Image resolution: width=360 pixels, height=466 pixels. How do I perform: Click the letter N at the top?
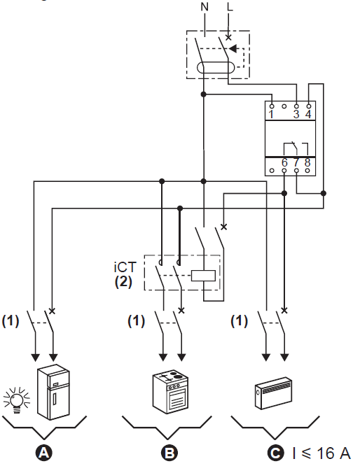click(205, 6)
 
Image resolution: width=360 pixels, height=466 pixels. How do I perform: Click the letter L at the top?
click(230, 6)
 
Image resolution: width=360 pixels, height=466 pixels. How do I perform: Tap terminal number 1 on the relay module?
click(271, 114)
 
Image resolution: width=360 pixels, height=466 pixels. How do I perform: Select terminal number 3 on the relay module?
click(296, 114)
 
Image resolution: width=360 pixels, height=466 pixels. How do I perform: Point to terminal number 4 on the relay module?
click(308, 114)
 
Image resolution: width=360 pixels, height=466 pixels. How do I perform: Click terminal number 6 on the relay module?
click(284, 162)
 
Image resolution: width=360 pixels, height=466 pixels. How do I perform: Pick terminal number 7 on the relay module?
click(296, 162)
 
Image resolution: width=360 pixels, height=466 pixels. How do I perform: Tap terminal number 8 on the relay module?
click(307, 162)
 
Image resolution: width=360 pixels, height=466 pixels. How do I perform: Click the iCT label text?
click(125, 267)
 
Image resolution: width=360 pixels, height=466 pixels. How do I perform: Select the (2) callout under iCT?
click(123, 281)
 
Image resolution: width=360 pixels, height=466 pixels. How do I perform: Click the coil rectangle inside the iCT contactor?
click(203, 276)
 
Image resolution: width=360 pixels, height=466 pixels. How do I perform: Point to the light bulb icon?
click(17, 400)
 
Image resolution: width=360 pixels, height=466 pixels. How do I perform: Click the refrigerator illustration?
click(53, 392)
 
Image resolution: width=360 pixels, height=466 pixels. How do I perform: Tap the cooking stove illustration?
click(170, 392)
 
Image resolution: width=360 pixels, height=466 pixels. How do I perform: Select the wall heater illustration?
click(273, 393)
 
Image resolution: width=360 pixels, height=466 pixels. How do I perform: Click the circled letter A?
click(43, 453)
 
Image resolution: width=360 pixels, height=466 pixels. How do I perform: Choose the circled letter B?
click(169, 453)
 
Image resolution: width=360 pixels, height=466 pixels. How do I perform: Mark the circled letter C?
click(275, 453)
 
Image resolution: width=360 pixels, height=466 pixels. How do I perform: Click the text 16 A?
click(333, 453)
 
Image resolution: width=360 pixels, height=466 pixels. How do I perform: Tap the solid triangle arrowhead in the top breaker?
click(233, 48)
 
